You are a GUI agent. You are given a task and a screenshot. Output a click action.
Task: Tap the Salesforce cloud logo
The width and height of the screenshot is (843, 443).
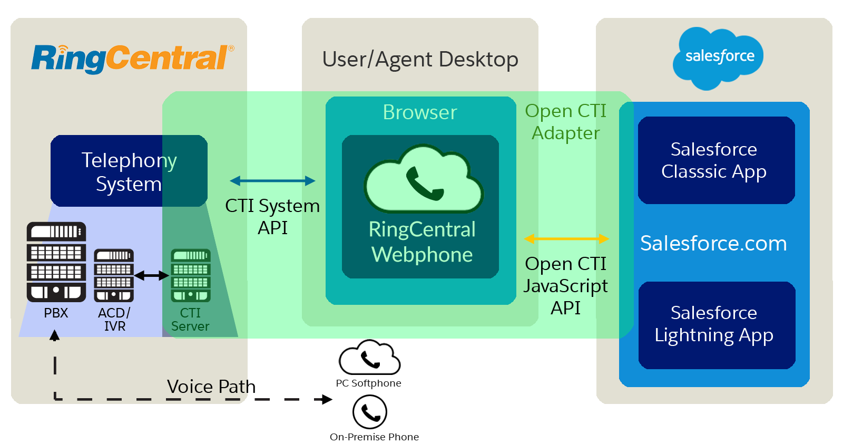(719, 57)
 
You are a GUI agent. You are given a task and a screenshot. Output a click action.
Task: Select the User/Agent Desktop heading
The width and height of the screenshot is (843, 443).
(420, 60)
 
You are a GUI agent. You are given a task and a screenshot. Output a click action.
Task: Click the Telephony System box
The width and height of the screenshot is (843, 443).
(129, 171)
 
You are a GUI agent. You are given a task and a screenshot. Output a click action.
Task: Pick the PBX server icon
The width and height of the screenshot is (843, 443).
(56, 262)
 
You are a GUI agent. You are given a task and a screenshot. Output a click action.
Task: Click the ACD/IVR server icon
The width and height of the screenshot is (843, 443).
(114, 275)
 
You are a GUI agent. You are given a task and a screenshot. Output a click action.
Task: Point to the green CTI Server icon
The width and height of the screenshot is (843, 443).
(191, 275)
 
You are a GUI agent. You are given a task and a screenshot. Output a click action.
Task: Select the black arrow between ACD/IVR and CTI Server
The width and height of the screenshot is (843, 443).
(152, 275)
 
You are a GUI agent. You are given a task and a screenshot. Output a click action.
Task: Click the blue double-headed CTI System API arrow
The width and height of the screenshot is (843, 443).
(272, 181)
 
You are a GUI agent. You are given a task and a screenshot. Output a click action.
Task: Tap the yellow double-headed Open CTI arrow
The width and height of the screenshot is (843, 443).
(566, 239)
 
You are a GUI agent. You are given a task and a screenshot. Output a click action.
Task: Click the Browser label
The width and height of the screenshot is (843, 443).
(420, 112)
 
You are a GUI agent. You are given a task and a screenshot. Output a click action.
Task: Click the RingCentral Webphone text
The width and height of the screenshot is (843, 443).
(422, 242)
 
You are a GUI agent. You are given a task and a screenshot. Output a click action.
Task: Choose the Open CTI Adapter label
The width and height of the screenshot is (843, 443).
(565, 122)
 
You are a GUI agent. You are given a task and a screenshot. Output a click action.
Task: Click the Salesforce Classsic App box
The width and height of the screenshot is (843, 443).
(716, 160)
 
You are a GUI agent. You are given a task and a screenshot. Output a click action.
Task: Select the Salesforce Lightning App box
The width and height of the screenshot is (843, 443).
(716, 325)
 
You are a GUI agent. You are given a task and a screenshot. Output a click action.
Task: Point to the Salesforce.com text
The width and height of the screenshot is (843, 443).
(713, 244)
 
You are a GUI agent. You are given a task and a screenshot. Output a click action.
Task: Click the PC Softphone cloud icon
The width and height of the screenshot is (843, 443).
(369, 358)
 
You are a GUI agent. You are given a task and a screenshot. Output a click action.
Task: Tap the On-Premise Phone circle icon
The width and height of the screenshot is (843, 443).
(370, 412)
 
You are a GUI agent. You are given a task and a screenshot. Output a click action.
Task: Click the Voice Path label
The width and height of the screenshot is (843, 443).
(211, 387)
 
